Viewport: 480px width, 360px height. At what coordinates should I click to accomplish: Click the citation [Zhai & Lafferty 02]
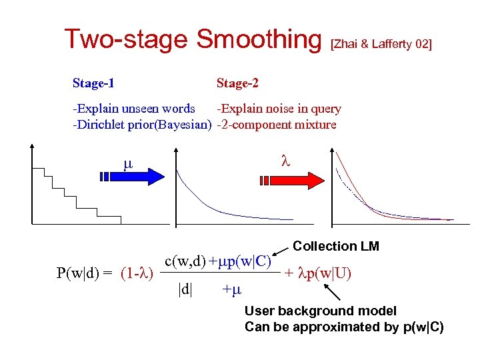(x=381, y=45)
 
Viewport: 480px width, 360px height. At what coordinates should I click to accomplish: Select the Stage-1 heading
(x=93, y=83)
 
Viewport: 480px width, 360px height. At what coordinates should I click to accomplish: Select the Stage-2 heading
(x=237, y=83)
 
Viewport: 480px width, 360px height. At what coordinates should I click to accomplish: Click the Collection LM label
(x=336, y=246)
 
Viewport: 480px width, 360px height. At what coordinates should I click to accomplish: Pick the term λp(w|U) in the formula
(x=318, y=273)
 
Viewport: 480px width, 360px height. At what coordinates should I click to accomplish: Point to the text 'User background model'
(x=320, y=311)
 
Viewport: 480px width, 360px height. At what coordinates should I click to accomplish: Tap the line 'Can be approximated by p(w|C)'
(x=343, y=327)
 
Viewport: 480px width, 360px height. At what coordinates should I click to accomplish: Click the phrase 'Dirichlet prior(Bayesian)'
(x=142, y=125)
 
